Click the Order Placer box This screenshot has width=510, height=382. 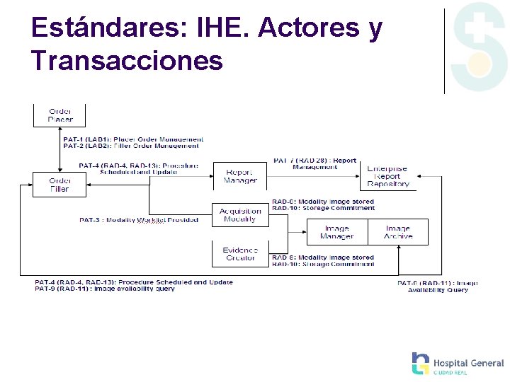pos(59,115)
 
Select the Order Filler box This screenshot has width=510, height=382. pos(59,185)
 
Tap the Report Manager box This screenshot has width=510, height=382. pos(240,176)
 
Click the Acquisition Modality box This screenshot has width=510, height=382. pos(240,215)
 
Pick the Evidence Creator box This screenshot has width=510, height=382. pos(240,254)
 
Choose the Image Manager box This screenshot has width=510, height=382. pos(336,232)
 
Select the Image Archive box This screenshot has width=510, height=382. pos(397,232)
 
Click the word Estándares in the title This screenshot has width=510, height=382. pos(107,28)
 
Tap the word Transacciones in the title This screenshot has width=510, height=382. pos(127,61)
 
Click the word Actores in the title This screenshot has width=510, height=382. pos(310,28)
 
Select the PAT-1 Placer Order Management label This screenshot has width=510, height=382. pos(133,139)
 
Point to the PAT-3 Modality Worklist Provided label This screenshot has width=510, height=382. pos(139,220)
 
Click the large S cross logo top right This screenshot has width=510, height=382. pos(480,47)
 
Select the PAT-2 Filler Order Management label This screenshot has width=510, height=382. pos(131,146)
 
